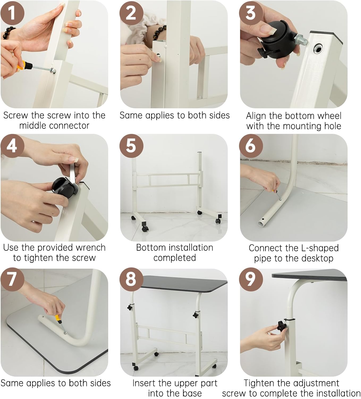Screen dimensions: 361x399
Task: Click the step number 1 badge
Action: [x=12, y=13]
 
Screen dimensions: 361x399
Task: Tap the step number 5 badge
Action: [x=131, y=146]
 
